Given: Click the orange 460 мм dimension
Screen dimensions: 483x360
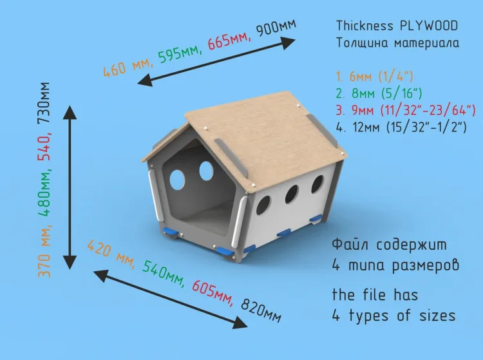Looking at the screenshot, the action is click(128, 67).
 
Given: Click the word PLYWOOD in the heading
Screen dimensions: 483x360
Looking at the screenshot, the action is click(429, 26).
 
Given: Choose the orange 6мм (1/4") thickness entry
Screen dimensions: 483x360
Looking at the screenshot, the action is click(374, 77).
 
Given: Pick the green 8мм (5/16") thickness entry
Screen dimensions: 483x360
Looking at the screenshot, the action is click(379, 93).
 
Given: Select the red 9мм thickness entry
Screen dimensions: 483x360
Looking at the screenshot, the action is click(406, 110).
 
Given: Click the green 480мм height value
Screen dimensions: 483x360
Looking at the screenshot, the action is click(44, 193).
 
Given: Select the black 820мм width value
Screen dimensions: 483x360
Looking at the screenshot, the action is click(261, 310).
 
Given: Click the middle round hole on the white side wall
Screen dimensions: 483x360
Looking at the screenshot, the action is click(291, 194).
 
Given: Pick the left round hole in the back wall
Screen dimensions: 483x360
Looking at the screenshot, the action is click(177, 180).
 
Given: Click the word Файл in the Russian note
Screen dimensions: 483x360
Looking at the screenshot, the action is click(350, 245).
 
